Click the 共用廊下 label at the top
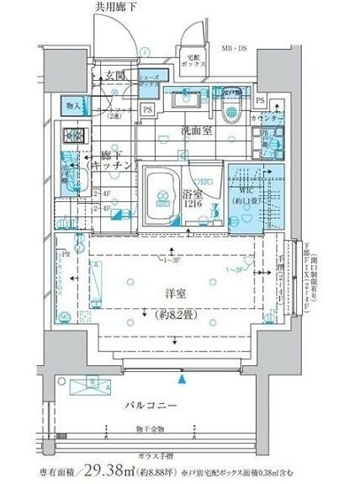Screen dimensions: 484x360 (114, 8)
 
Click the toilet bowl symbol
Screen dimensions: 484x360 (229, 115)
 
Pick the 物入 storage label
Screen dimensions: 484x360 (73, 106)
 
